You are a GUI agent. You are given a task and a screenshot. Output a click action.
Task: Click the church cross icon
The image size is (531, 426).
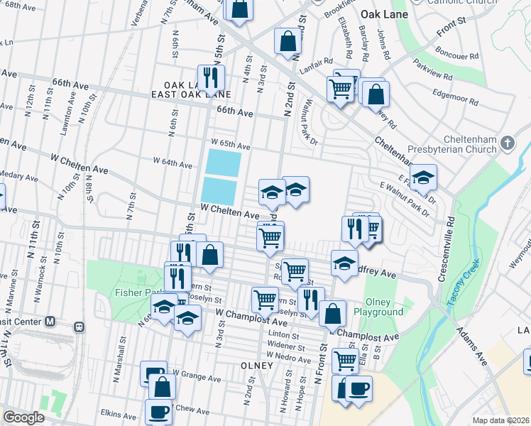point(508,144)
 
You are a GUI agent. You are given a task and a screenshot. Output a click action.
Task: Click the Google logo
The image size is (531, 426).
point(24,417)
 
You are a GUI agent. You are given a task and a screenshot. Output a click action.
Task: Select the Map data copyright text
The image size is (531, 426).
point(501,420)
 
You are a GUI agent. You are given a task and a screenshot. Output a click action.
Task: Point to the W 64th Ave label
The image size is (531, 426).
point(173,165)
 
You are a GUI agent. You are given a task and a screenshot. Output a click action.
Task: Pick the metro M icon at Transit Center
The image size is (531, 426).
point(50,321)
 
